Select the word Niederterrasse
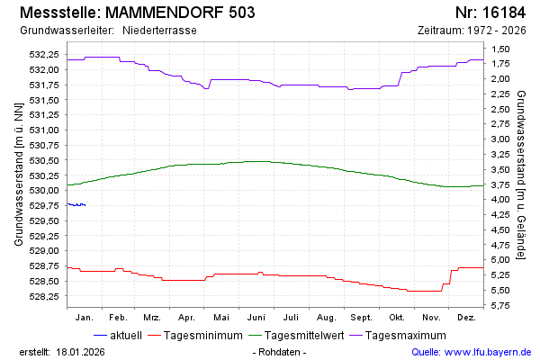(159, 31)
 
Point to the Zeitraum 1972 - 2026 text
(472, 31)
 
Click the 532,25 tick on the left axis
(44, 55)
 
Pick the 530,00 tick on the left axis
(44, 190)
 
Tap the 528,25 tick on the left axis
(44, 295)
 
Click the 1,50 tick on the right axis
(499, 48)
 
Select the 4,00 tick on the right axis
(499, 199)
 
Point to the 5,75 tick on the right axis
(499, 305)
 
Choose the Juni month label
(256, 318)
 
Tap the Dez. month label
(466, 318)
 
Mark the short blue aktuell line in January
(76, 205)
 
